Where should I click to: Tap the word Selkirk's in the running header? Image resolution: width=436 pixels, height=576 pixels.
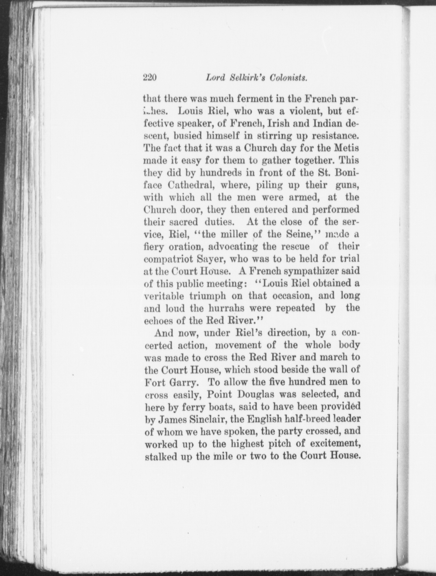coord(247,78)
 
